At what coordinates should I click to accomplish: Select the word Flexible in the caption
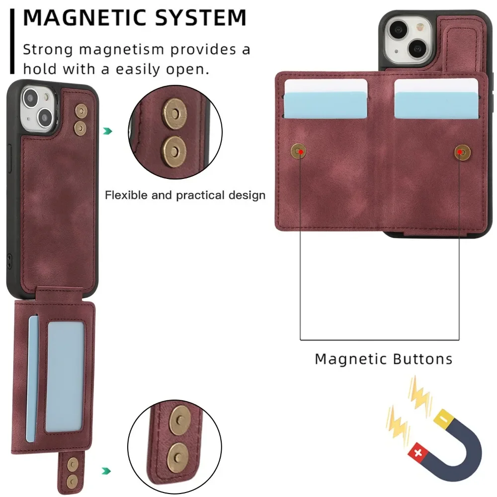126,195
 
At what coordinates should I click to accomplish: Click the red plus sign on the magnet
415,453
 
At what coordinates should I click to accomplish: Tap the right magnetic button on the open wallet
462,152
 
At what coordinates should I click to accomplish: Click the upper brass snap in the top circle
174,110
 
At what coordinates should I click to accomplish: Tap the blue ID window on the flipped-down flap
65,376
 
